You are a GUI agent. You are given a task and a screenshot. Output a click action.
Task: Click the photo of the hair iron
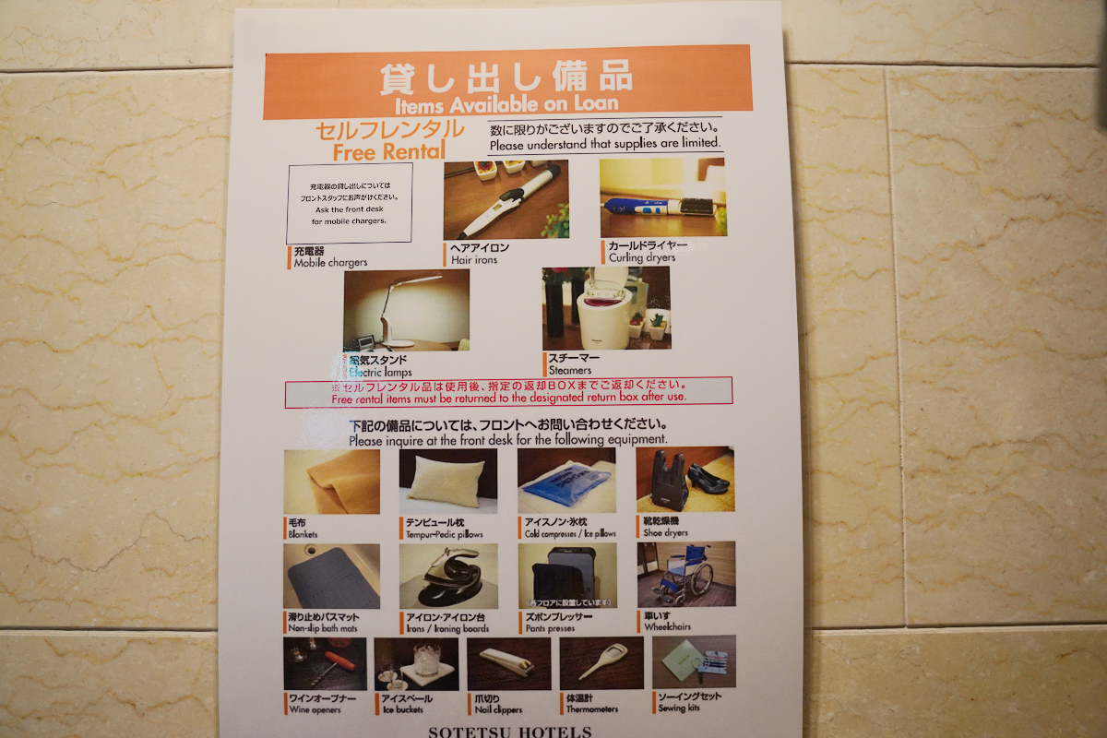click(x=506, y=200)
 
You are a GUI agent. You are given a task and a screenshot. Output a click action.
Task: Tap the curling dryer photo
click(x=662, y=197)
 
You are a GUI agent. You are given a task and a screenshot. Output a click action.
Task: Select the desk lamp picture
click(x=406, y=310)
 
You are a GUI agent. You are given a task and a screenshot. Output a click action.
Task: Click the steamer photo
click(x=606, y=309)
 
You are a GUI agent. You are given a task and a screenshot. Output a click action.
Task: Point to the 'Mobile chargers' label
click(x=330, y=263)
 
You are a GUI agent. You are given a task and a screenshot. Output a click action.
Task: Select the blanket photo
click(x=332, y=482)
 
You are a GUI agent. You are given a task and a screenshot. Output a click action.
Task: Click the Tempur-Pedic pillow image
click(x=447, y=482)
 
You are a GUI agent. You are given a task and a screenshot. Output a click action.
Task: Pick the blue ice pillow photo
click(x=566, y=482)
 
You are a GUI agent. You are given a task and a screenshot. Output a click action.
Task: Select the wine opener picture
click(x=325, y=663)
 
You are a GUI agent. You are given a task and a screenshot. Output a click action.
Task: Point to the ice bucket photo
click(x=416, y=663)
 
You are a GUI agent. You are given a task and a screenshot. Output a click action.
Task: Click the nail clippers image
click(x=508, y=663)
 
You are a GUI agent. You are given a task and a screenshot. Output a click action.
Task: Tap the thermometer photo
click(x=601, y=662)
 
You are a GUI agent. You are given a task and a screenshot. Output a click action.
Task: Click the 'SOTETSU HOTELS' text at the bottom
click(x=509, y=732)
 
